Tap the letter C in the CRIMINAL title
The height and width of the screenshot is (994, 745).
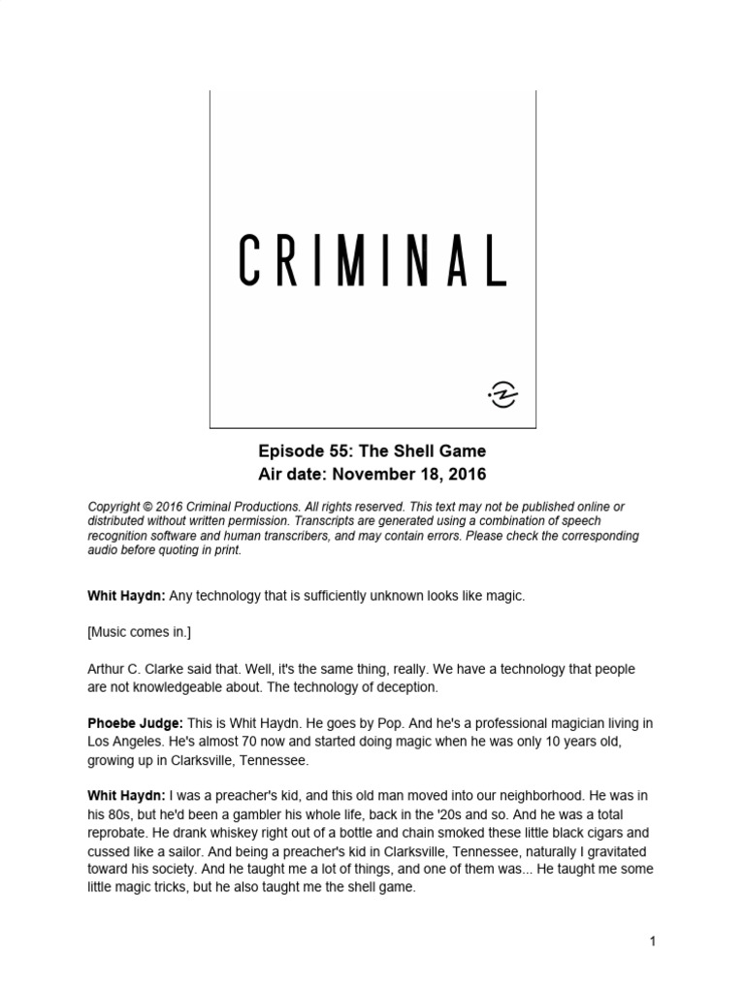250,261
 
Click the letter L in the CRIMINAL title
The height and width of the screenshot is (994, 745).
495,261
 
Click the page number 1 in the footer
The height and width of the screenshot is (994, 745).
654,941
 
